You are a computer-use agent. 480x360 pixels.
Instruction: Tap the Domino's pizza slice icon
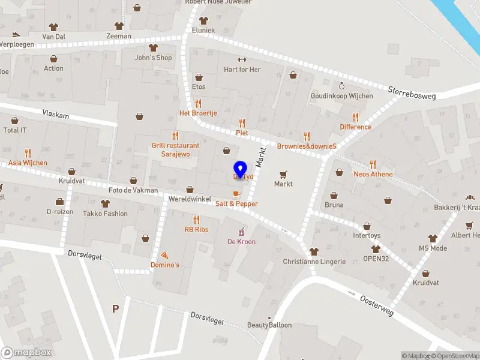coord(164,255)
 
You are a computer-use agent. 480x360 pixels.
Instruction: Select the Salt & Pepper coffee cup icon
coord(236,194)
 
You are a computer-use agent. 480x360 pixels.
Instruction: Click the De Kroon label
coord(241,242)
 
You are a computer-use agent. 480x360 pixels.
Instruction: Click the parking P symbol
coord(115,308)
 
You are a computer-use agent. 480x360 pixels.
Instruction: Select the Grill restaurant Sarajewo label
coord(175,149)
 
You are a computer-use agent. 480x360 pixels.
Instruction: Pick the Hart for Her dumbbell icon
coord(242,59)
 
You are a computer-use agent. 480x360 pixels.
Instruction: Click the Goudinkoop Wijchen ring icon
coord(341,86)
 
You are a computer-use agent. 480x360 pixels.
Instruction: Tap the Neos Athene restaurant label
coord(373,174)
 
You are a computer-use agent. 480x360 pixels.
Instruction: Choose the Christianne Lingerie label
coord(314,262)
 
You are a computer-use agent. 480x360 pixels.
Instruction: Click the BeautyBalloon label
coord(269,325)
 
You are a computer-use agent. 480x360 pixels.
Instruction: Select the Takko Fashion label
coord(105,214)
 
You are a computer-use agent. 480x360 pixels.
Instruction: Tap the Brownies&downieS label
coord(306,146)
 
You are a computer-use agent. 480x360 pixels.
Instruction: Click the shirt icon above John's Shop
coord(153,47)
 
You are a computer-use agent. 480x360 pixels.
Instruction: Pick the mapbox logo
coord(26,352)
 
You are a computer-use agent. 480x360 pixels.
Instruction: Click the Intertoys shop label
coord(367,236)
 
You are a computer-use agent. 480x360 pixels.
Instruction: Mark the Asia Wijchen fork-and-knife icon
coord(28,153)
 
